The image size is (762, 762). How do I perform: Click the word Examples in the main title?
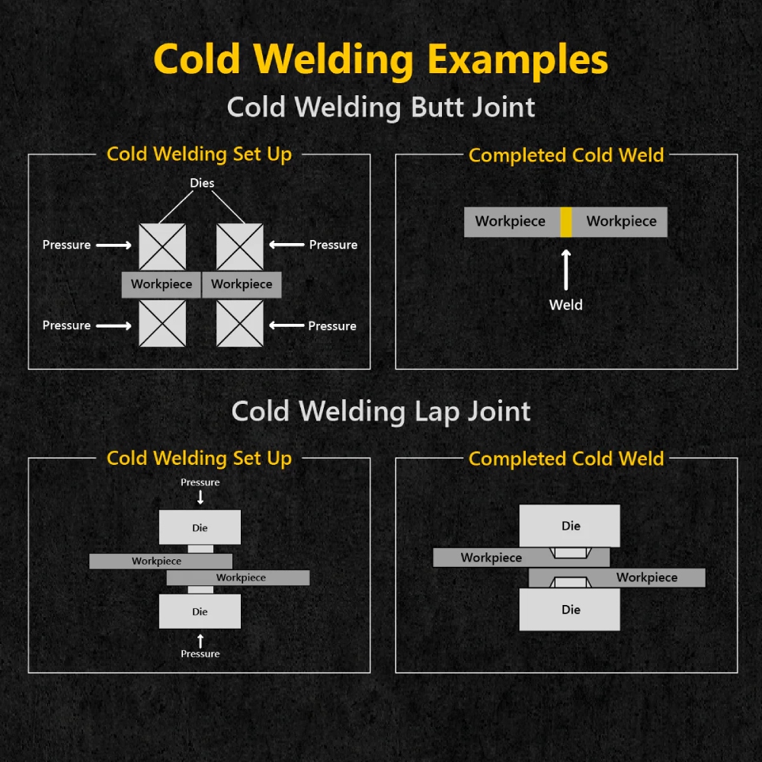pos(517,59)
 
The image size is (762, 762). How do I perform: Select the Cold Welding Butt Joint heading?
pos(381,107)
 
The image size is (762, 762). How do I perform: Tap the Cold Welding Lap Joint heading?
pos(381,411)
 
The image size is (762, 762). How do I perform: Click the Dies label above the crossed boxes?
pos(202,183)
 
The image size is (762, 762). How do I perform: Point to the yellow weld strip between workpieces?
pos(565,222)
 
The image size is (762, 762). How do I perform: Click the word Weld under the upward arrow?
pos(565,306)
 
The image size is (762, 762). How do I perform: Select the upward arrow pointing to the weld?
pos(565,270)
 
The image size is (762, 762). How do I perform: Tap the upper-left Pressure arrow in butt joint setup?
pos(114,245)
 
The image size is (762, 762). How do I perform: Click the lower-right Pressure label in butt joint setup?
pos(332,325)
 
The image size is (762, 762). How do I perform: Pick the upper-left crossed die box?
pos(162,247)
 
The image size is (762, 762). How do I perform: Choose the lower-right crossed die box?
pos(239,323)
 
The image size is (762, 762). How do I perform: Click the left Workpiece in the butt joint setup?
pos(162,284)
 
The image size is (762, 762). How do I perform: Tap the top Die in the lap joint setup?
pos(200,527)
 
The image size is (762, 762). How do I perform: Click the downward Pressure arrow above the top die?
pos(200,497)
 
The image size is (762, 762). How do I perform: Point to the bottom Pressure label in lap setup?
pos(200,654)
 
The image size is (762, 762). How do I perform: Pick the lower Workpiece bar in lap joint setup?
pos(238,578)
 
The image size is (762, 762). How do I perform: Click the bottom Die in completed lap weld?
pos(569,610)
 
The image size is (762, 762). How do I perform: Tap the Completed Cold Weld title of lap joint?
pos(566,459)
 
